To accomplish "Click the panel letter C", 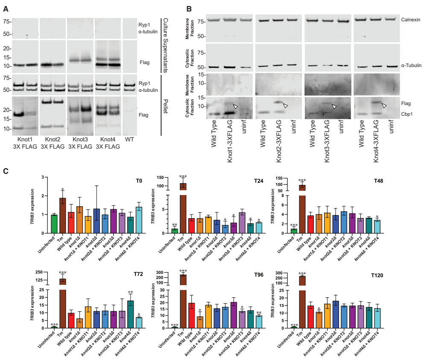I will coord(6,171).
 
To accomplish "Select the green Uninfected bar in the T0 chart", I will coord(54,224).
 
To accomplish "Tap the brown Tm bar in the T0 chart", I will coord(63,216).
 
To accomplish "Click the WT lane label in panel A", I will coord(130,140).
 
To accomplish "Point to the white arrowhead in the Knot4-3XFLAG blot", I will coord(384,105).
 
